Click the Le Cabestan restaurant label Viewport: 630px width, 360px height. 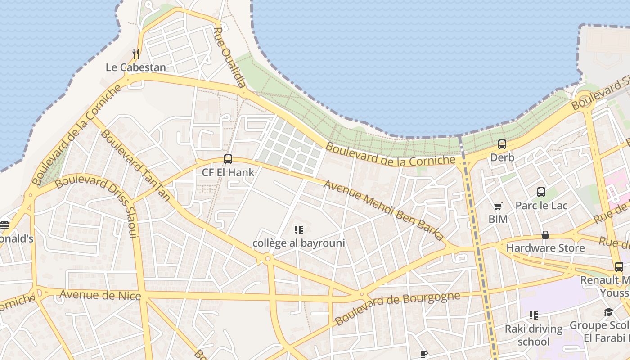(x=135, y=67)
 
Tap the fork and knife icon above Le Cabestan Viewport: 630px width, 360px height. (x=135, y=54)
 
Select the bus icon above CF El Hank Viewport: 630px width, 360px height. (x=228, y=159)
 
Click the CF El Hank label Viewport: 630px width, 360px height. (x=228, y=172)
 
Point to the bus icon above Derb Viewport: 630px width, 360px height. (x=502, y=144)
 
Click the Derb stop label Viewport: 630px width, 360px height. (x=502, y=158)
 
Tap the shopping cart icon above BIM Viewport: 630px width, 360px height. (x=498, y=206)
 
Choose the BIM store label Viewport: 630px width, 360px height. (x=498, y=219)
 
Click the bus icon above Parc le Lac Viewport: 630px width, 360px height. (x=541, y=192)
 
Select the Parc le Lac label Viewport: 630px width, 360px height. (x=541, y=206)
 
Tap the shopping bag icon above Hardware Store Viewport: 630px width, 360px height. (x=545, y=235)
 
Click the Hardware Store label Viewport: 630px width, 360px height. (x=545, y=248)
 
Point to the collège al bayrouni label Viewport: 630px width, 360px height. (x=299, y=243)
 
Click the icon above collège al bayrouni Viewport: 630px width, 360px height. (x=299, y=230)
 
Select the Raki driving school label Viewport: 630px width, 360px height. (x=534, y=335)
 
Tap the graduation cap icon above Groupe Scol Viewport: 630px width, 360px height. (x=608, y=312)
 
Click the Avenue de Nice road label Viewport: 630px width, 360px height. (x=100, y=295)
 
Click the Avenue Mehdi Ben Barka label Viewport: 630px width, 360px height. (x=383, y=211)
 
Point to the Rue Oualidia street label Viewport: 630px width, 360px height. (x=229, y=57)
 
